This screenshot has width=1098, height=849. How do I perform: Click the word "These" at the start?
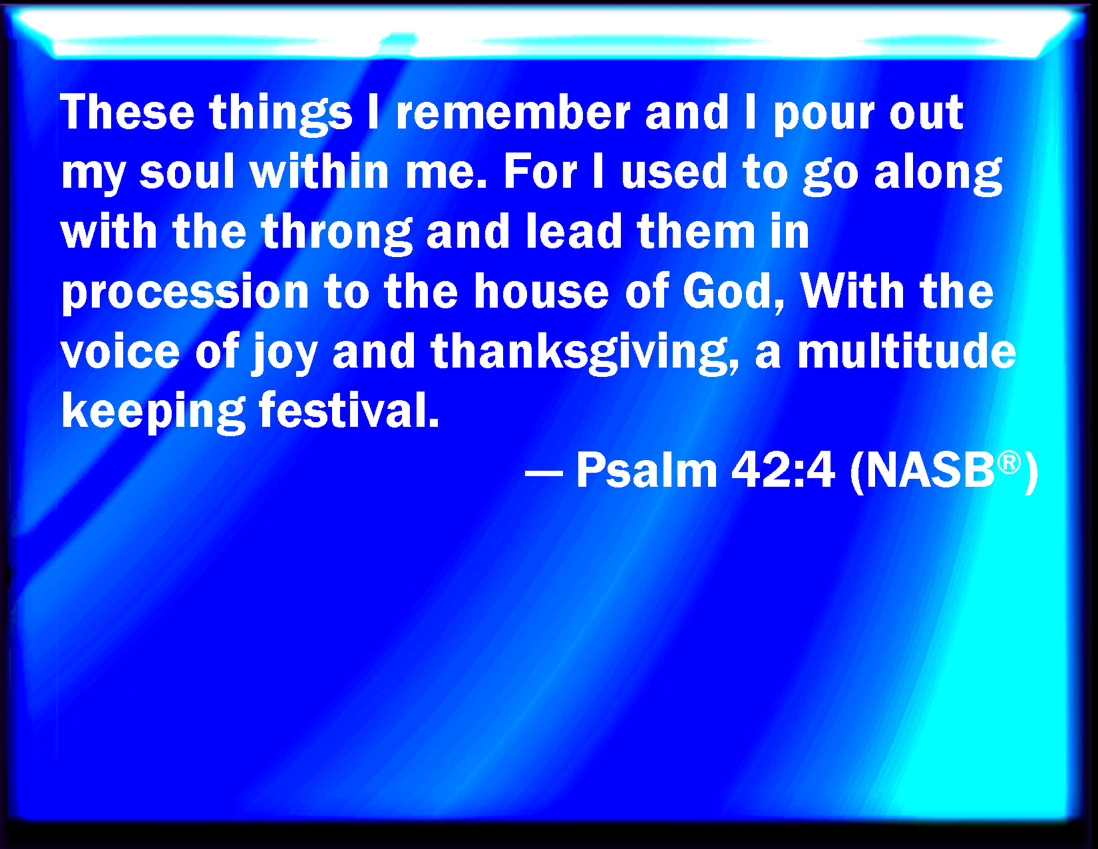pos(127,113)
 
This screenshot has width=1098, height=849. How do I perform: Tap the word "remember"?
pos(513,113)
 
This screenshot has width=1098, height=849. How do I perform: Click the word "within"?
pos(320,172)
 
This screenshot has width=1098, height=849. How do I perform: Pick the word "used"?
pos(673,172)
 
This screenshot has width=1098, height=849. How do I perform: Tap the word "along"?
pos(938,176)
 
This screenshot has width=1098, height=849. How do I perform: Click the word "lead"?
pos(574,232)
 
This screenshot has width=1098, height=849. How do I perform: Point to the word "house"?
pos(541,291)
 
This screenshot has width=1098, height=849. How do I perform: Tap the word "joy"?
pos(284,355)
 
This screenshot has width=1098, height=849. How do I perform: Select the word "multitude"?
pos(906,351)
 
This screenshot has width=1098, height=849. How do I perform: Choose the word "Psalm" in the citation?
pos(647,470)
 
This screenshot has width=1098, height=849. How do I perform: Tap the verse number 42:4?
pos(783,470)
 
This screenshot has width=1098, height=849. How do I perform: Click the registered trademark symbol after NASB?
pos(1009,463)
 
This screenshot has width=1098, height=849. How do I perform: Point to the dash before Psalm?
pos(544,474)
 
